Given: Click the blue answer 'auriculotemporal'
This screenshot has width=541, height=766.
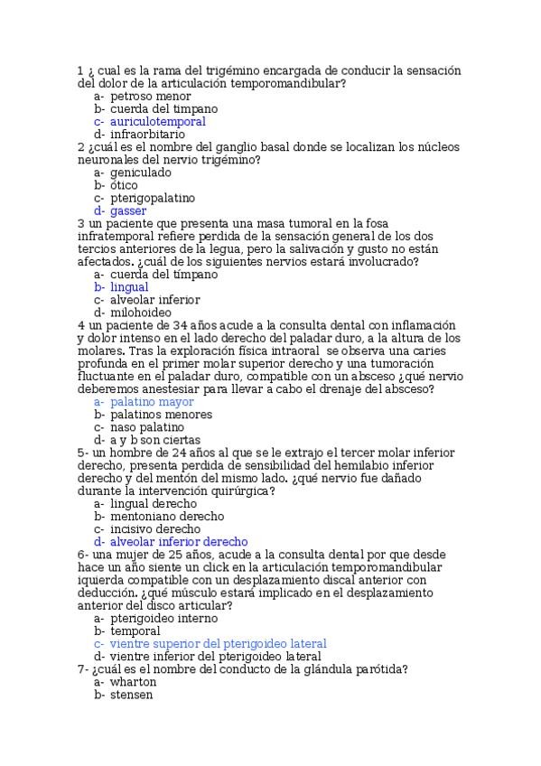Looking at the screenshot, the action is pyautogui.click(x=157, y=121).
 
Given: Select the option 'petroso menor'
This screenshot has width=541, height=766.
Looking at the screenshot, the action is pyautogui.click(x=151, y=96).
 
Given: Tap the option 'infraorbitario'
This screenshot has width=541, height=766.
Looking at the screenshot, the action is pyautogui.click(x=148, y=134).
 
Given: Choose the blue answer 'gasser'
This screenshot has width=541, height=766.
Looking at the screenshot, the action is pyautogui.click(x=129, y=210).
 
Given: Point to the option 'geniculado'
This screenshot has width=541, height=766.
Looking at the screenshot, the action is pyautogui.click(x=145, y=172).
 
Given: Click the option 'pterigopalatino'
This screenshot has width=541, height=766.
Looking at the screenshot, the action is pyautogui.click(x=153, y=198).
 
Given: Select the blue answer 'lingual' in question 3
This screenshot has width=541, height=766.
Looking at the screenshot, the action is pyautogui.click(x=129, y=286).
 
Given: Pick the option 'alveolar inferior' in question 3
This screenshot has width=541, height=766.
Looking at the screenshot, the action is pyautogui.click(x=155, y=299).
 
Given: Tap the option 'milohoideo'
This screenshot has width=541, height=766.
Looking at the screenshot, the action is pyautogui.click(x=143, y=313).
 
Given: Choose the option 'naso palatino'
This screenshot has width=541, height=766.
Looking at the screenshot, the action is pyautogui.click(x=147, y=427).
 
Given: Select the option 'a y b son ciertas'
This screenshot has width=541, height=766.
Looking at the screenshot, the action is pyautogui.click(x=154, y=440).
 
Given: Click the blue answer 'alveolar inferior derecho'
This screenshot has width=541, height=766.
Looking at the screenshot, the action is pyautogui.click(x=179, y=542).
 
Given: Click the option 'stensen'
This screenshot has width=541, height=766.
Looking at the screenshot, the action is pyautogui.click(x=132, y=695).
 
